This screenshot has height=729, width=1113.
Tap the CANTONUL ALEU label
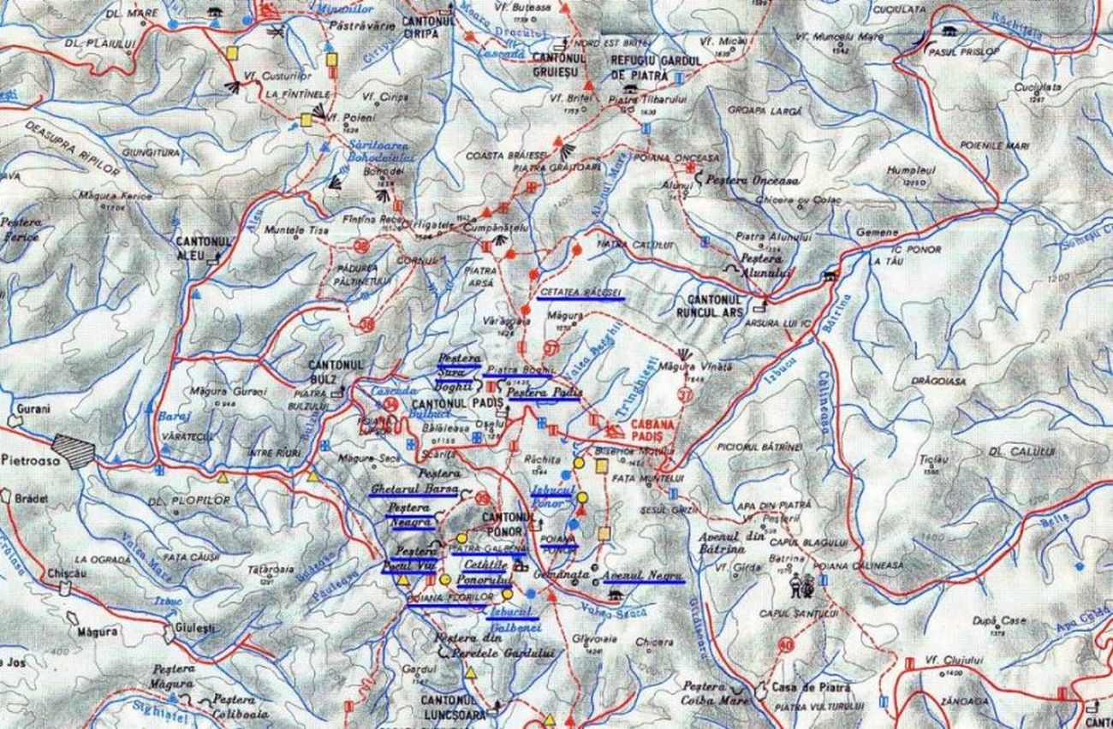click(203, 248)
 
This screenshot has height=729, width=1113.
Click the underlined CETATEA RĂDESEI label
click(580, 293)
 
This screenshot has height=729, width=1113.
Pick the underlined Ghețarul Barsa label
click(413, 489)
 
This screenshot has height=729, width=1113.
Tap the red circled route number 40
click(785, 644)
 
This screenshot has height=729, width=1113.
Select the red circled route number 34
click(391, 404)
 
